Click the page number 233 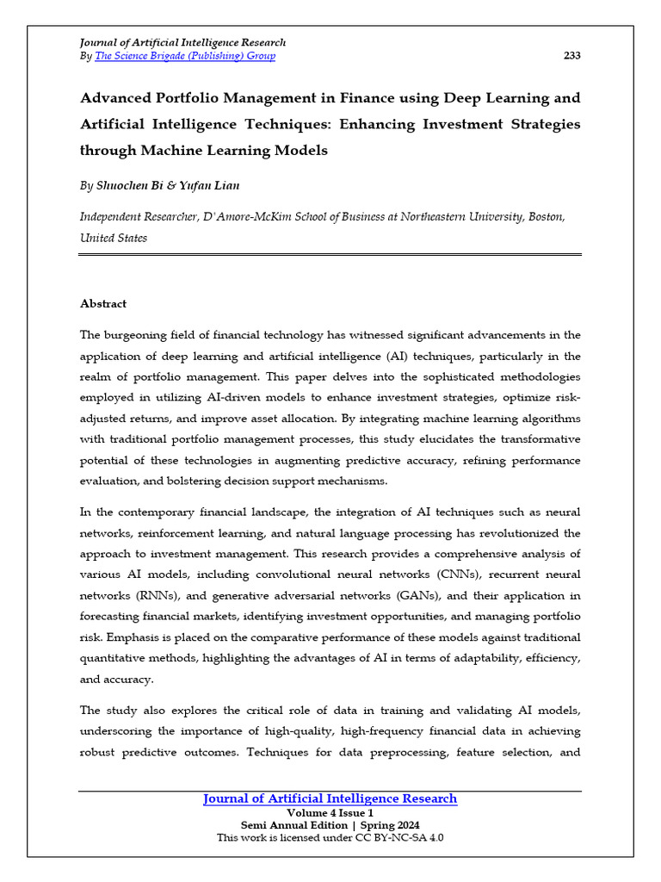571,56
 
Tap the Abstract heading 103,304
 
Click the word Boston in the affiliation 545,217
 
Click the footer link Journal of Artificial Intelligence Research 330,799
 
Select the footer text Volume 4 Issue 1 330,813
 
